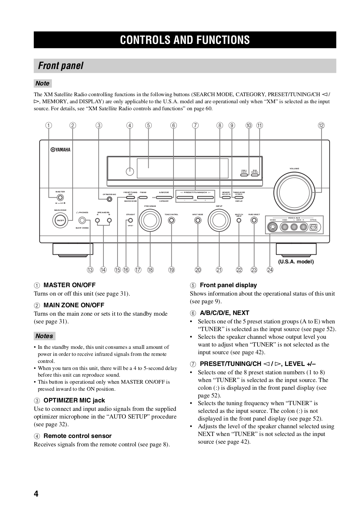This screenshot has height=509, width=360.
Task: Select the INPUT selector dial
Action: (218, 220)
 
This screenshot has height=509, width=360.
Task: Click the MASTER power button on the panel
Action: (60, 198)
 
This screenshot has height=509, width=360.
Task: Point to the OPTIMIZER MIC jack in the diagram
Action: (109, 199)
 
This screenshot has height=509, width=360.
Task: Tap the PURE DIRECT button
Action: (254, 220)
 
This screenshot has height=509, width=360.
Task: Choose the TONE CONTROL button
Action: (171, 220)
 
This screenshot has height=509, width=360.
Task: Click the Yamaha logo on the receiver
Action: (61, 150)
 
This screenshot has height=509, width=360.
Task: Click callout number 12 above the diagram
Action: (321, 126)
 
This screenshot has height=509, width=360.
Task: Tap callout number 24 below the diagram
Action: (270, 270)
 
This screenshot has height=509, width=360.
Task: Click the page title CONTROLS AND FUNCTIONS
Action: (185, 40)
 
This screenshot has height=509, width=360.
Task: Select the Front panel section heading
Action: (61, 66)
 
